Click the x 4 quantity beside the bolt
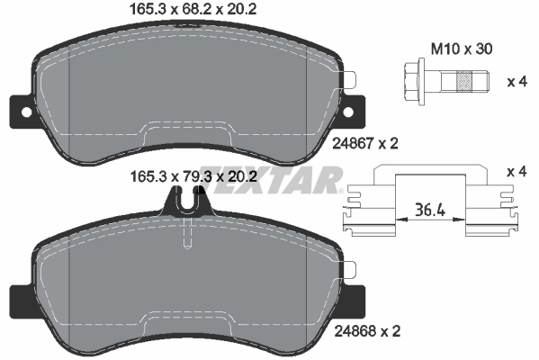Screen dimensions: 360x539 [517, 82]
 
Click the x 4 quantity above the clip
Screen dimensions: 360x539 [517, 172]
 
